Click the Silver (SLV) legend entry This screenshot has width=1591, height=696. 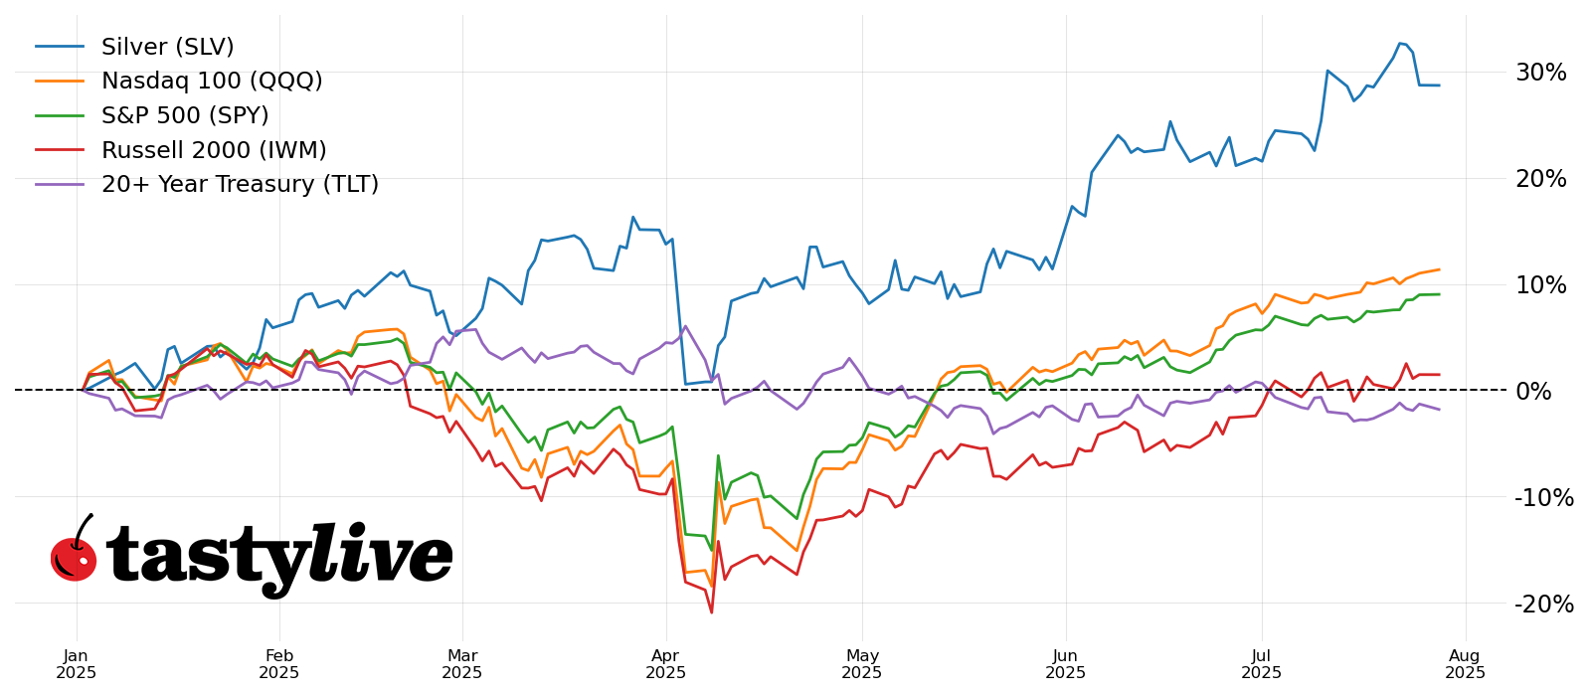[x=167, y=48]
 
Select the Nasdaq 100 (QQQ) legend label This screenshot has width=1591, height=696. [x=212, y=82]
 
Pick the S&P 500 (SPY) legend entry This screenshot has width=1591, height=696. [x=185, y=116]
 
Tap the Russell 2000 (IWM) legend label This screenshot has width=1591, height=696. [x=214, y=151]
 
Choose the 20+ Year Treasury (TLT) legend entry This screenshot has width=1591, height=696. [x=240, y=185]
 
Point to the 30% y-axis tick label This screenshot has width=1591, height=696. [x=1540, y=73]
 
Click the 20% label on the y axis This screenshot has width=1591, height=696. [x=1540, y=179]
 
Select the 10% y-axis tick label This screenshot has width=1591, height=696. [x=1540, y=285]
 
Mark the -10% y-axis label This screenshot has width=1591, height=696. [x=1543, y=497]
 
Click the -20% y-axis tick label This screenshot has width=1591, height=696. [x=1543, y=605]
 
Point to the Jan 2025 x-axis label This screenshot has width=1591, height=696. [x=77, y=664]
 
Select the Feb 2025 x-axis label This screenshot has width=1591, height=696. [x=279, y=664]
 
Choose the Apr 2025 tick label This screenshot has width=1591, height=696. [x=666, y=664]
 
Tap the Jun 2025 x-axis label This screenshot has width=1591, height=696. [x=1066, y=664]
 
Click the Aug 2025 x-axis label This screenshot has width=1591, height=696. [x=1465, y=664]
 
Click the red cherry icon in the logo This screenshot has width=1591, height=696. [x=74, y=558]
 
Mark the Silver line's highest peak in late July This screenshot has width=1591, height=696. [x=1400, y=44]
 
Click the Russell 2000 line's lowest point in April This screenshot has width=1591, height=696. [x=712, y=612]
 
